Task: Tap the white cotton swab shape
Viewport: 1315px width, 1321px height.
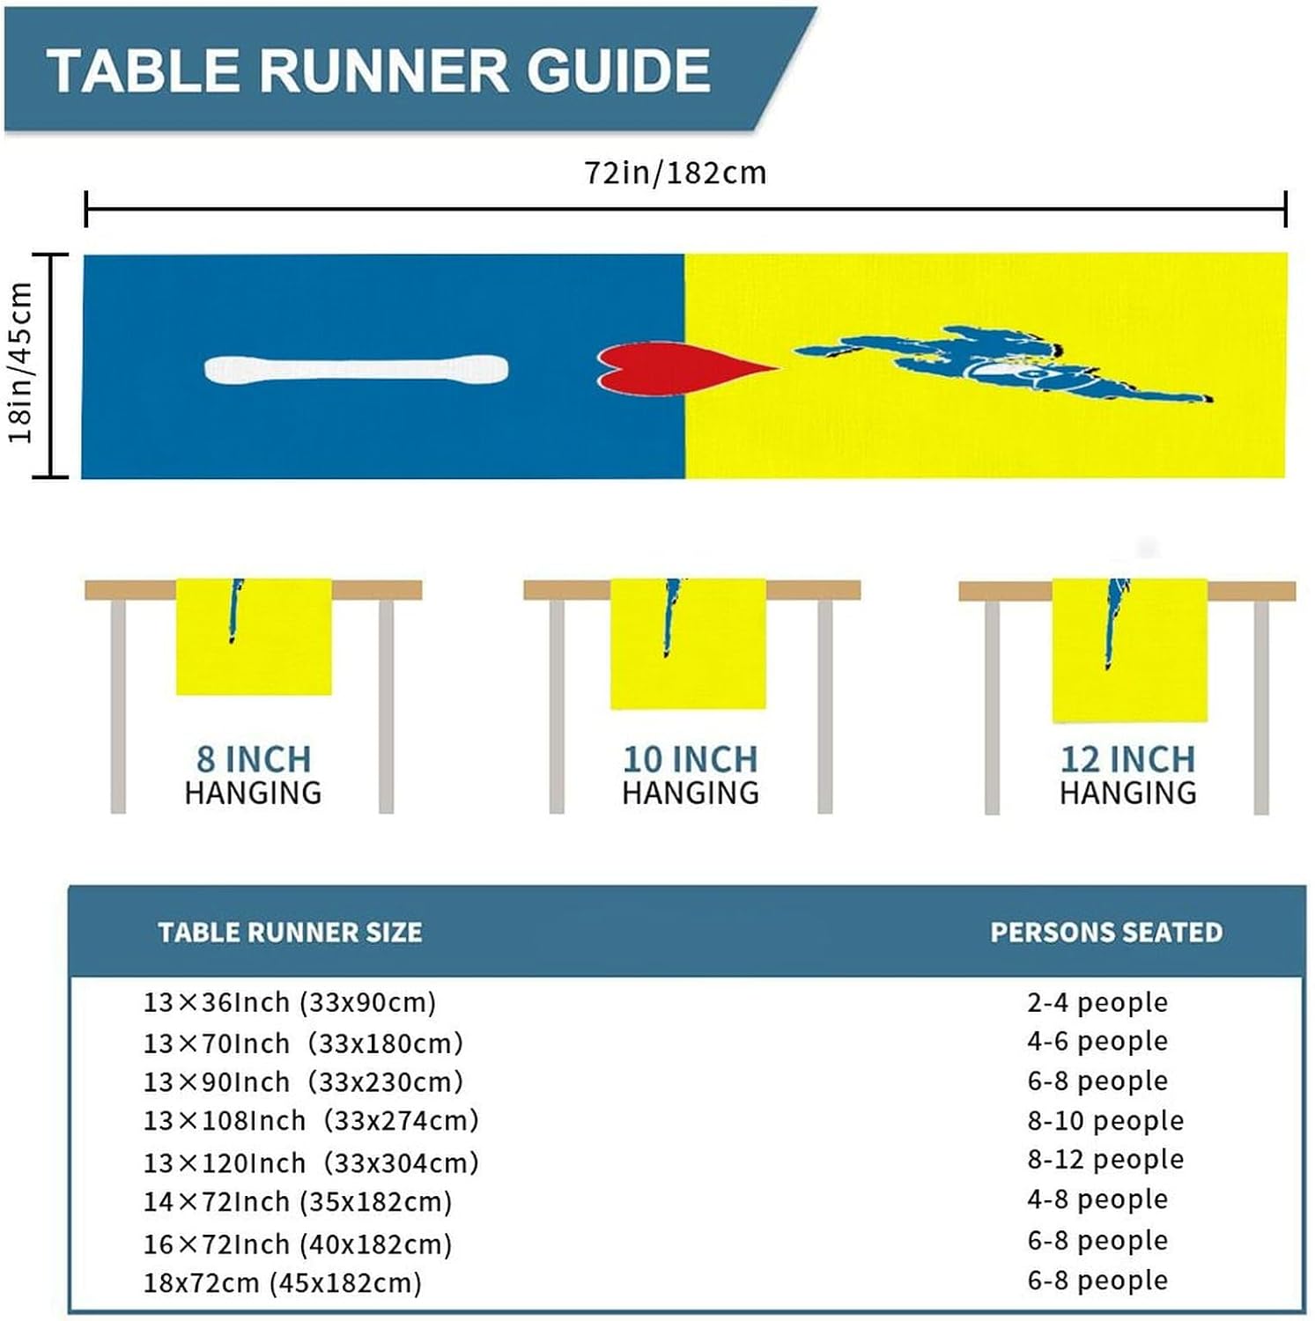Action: pos(356,369)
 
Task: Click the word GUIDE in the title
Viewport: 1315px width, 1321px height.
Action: pos(619,70)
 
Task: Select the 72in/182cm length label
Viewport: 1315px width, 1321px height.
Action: pos(676,173)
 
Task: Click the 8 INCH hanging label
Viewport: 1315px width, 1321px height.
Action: pos(254,759)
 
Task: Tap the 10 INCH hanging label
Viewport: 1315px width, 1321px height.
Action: pos(690,759)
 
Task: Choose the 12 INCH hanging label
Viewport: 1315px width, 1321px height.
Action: pos(1127,759)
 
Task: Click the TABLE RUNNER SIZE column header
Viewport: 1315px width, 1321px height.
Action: pos(290,932)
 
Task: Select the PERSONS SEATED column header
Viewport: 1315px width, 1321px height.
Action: pos(1106,932)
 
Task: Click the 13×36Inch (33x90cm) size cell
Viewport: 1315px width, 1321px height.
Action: pos(290,1002)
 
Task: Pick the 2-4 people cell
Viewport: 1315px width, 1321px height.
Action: pos(1097,1002)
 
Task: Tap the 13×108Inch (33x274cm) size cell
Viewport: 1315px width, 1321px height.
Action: pos(311,1120)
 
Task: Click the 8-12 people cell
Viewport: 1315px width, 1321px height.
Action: pos(1105,1159)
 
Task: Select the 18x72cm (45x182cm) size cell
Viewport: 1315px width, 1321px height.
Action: pos(283,1282)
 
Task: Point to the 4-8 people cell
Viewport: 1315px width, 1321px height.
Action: pos(1097,1199)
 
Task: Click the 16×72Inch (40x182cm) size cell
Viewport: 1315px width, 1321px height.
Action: pos(298,1244)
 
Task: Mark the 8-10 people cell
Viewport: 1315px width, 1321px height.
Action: pos(1105,1120)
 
